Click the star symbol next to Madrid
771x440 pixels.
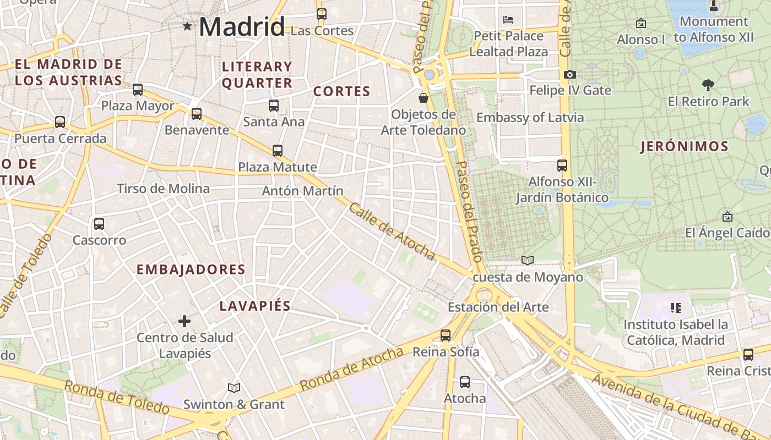pyautogui.click(x=187, y=26)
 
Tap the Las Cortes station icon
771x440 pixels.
pyautogui.click(x=322, y=14)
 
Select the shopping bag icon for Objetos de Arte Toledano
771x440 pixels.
pyautogui.click(x=423, y=98)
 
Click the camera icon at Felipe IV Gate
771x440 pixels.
pyautogui.click(x=570, y=74)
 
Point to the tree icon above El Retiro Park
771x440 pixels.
pyautogui.click(x=708, y=85)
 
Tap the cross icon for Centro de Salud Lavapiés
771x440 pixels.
pyautogui.click(x=184, y=321)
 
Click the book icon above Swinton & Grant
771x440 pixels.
pyautogui.click(x=234, y=388)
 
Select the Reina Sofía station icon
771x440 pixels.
pyautogui.click(x=446, y=335)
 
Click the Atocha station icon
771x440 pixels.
pyautogui.click(x=465, y=382)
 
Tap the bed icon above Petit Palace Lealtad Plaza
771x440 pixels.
pyautogui.click(x=508, y=20)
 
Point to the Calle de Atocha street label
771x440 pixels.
pyautogui.click(x=392, y=232)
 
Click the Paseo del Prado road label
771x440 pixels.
pyautogui.click(x=469, y=211)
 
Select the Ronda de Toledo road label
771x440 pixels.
pyautogui.click(x=117, y=397)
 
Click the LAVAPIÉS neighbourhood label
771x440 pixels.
pyautogui.click(x=255, y=306)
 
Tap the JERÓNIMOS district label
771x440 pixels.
pyautogui.click(x=685, y=147)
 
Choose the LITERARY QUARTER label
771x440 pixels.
pyautogui.click(x=257, y=75)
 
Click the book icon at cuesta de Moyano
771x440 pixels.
pyautogui.click(x=528, y=260)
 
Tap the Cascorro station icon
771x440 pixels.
pyautogui.click(x=99, y=224)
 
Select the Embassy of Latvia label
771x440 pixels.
pyautogui.click(x=530, y=118)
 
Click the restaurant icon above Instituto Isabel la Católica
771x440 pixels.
pyautogui.click(x=676, y=308)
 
